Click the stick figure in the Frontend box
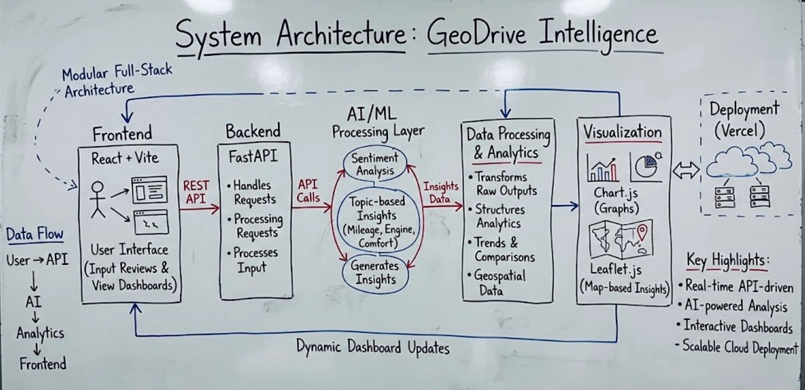[98, 199]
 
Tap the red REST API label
[196, 192]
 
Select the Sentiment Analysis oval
[375, 164]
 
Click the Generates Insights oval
[375, 273]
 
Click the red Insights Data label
[441, 193]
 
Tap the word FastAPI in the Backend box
[253, 156]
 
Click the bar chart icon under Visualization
[603, 169]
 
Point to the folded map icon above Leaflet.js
[620, 239]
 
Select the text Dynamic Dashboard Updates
[373, 347]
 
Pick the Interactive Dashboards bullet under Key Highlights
[736, 326]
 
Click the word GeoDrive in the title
[476, 35]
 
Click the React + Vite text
[125, 158]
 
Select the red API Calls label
[308, 191]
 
